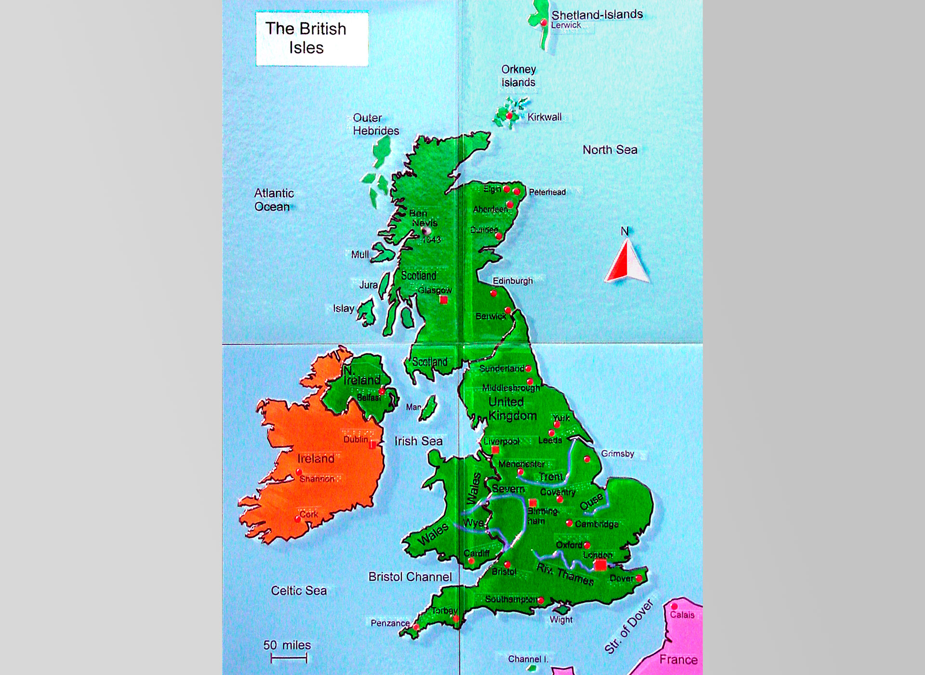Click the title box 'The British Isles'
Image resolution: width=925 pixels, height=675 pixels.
pos(312,39)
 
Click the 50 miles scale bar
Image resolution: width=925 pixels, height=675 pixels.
pos(289,658)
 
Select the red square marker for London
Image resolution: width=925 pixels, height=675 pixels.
pos(600,565)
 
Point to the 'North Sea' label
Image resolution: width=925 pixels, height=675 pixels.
pos(609,150)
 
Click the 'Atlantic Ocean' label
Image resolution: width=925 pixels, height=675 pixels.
pos(274,200)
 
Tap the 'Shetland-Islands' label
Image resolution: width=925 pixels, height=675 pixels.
pos(597,14)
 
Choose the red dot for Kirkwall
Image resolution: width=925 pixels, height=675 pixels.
pos(509,116)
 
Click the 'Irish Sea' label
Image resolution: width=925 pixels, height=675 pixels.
pos(418,441)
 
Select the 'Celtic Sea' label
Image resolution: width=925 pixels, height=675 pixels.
pos(299,591)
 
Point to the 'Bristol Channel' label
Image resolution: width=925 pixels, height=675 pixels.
pos(410,577)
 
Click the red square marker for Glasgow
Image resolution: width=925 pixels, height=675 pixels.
pos(444,300)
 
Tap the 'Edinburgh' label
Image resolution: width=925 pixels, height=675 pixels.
pos(513,281)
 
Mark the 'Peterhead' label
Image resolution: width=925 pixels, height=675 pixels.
pos(547,192)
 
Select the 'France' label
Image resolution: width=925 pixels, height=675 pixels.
pos(678,659)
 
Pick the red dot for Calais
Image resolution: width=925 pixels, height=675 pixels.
pos(674,606)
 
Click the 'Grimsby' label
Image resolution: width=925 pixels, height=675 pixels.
pos(617,454)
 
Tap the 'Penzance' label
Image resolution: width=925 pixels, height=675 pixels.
pos(390,623)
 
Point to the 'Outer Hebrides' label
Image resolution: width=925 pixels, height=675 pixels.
pos(376,124)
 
